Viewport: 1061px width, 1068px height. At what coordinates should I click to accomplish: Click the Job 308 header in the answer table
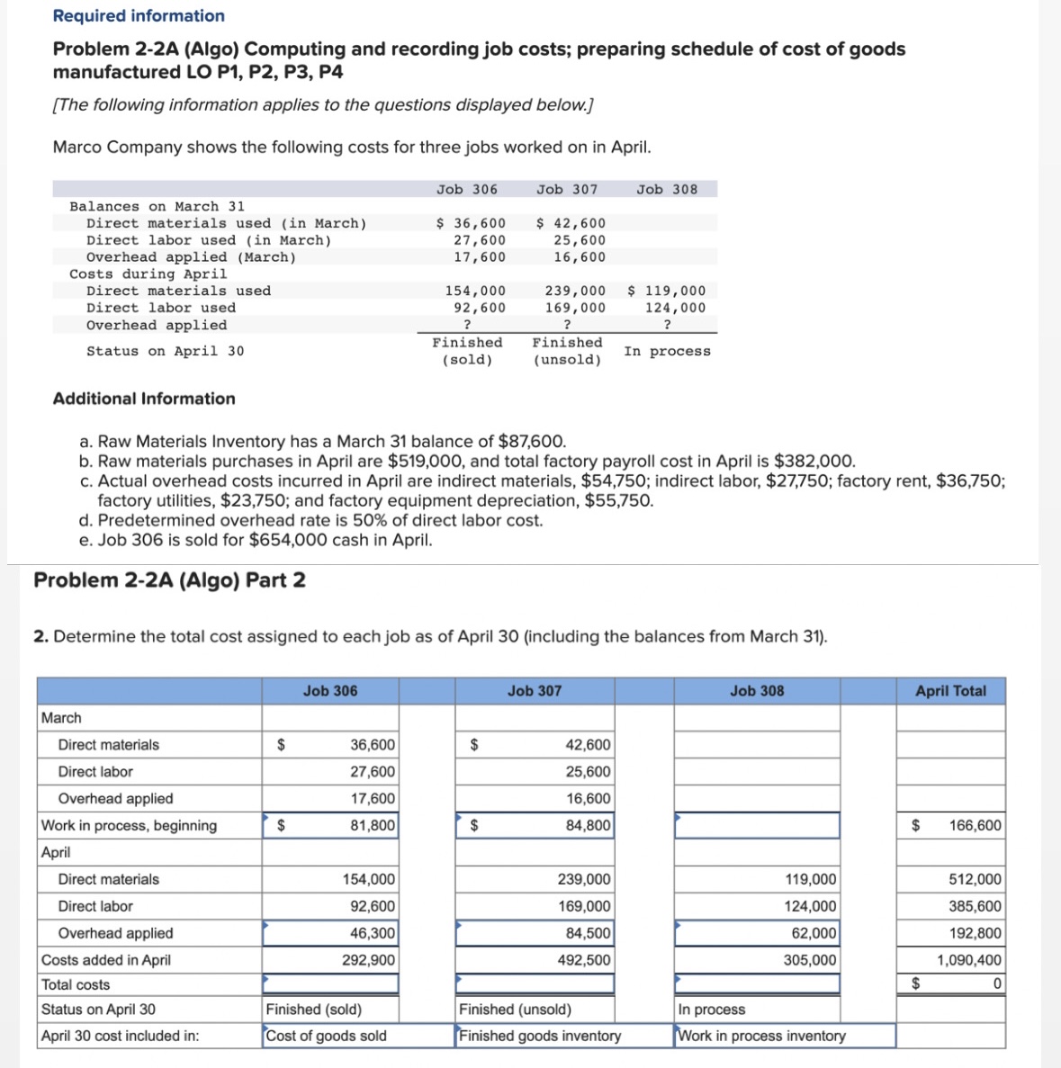pos(756,691)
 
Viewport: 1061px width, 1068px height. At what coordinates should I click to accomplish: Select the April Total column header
pos(950,691)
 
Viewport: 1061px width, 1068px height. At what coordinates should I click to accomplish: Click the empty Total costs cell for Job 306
pos(329,984)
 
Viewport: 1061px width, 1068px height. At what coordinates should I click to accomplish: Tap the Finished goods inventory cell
pos(540,1036)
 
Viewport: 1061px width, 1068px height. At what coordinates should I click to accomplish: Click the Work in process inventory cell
pos(761,1036)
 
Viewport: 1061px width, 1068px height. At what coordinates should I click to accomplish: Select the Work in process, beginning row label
pos(129,825)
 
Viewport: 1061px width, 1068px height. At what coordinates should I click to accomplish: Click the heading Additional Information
pos(144,399)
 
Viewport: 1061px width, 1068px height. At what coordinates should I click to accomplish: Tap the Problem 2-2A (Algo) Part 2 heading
pos(169,580)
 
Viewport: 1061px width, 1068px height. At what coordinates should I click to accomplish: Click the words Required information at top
pos(139,15)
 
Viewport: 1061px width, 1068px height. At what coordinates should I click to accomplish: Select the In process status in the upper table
pos(667,351)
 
